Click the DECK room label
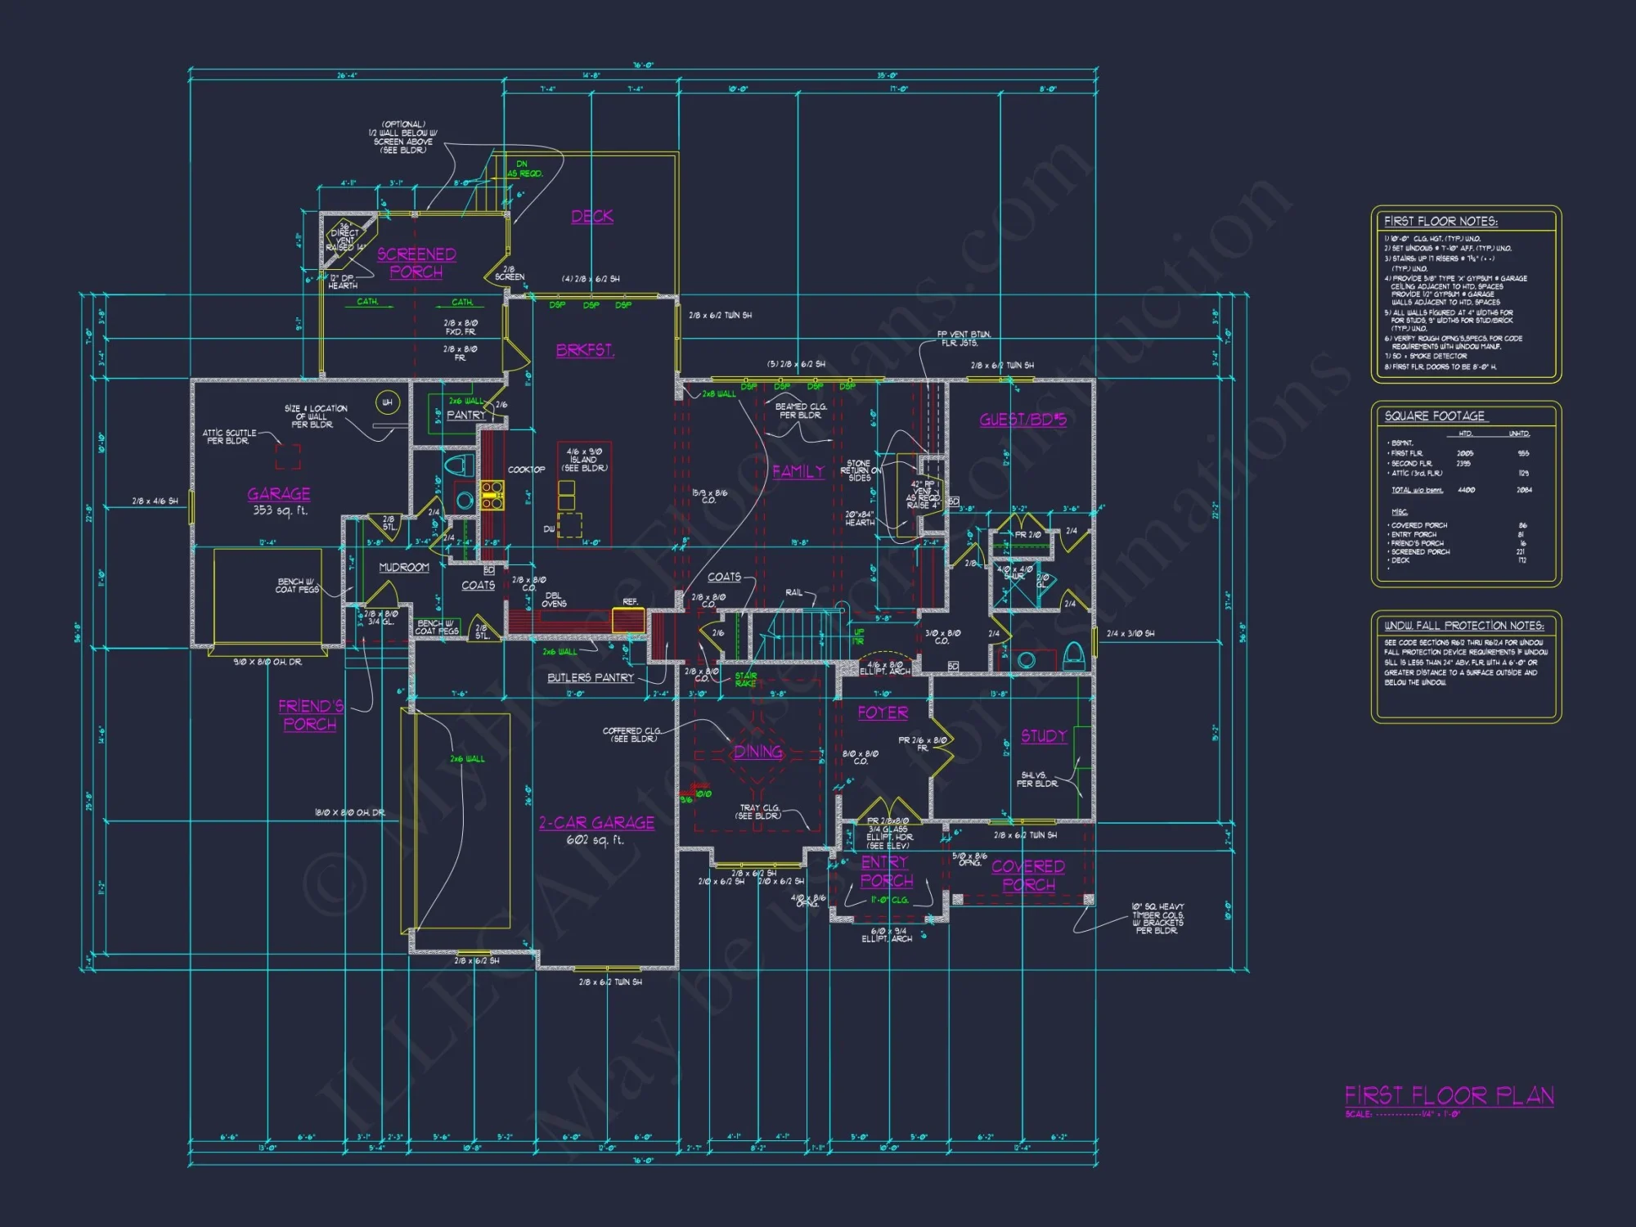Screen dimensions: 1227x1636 pyautogui.click(x=592, y=217)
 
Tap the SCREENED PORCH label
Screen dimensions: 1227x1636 pyautogui.click(x=416, y=263)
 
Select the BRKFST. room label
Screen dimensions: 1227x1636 pyautogui.click(x=585, y=350)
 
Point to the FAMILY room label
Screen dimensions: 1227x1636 pyautogui.click(x=798, y=472)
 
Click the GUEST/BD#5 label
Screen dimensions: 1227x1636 pyautogui.click(x=1022, y=420)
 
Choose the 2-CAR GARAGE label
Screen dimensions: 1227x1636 pyautogui.click(x=596, y=823)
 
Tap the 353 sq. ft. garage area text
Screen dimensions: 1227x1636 pyautogui.click(x=280, y=510)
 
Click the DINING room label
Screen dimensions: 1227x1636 pyautogui.click(x=757, y=752)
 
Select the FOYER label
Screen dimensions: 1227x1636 pyautogui.click(x=883, y=712)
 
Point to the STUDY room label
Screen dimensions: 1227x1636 pyautogui.click(x=1043, y=736)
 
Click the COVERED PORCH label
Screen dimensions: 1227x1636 pyautogui.click(x=1028, y=875)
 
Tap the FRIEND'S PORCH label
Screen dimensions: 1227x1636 pyautogui.click(x=310, y=715)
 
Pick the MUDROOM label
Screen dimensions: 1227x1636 pyautogui.click(x=404, y=568)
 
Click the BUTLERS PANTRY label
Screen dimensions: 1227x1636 pyautogui.click(x=590, y=678)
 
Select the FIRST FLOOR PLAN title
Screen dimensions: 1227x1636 pyautogui.click(x=1449, y=1095)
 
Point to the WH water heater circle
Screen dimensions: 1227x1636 pyautogui.click(x=387, y=402)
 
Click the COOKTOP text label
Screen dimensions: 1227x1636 pyautogui.click(x=526, y=470)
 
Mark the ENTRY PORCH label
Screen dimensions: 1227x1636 pyautogui.click(x=886, y=872)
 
